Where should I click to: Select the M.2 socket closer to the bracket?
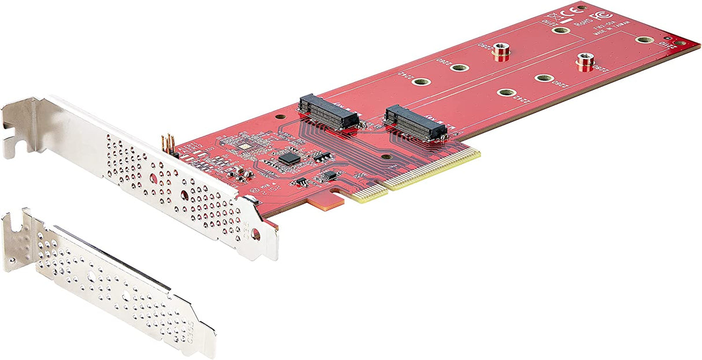(328, 111)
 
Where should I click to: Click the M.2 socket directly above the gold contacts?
(416, 123)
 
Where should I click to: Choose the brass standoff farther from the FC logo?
(501, 52)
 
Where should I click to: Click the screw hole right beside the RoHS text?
(559, 30)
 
